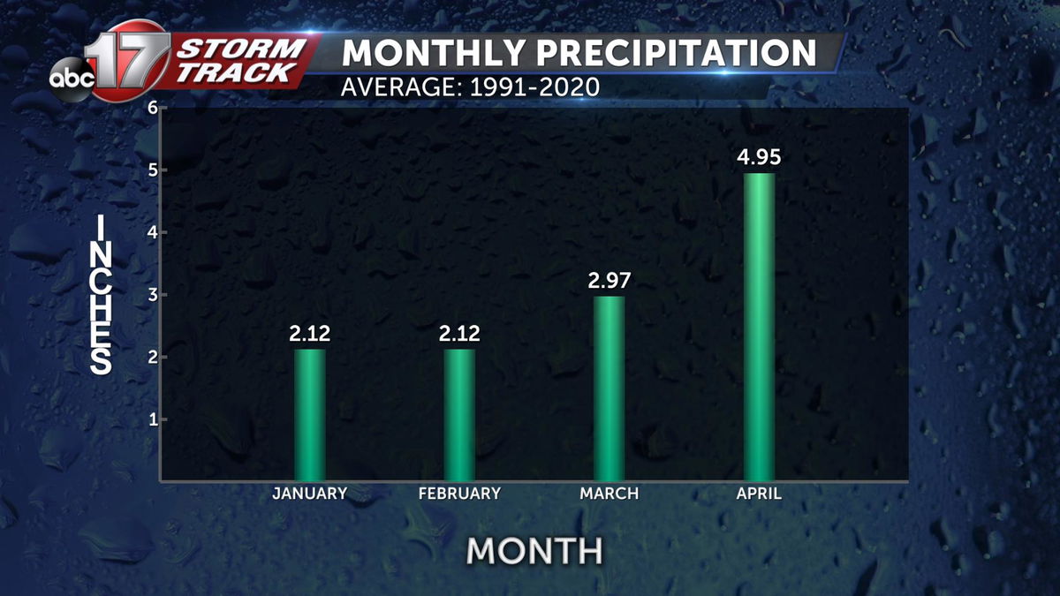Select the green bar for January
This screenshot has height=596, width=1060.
coord(310,415)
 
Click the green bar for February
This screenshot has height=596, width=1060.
coord(459,415)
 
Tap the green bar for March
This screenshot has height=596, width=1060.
coord(609,389)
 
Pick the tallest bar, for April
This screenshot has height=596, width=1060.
coord(759,327)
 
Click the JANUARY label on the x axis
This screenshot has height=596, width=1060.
coord(310,494)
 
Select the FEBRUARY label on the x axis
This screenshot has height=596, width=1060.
coord(459,494)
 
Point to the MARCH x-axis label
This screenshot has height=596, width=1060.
coord(609,494)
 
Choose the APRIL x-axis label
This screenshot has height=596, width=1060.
coord(759,494)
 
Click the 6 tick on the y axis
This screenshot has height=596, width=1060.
coord(152,109)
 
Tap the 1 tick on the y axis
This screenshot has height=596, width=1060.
coord(152,419)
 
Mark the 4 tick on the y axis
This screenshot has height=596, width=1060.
coord(152,233)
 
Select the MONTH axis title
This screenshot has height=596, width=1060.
coord(534,551)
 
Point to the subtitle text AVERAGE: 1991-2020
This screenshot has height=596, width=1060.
coord(471,87)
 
